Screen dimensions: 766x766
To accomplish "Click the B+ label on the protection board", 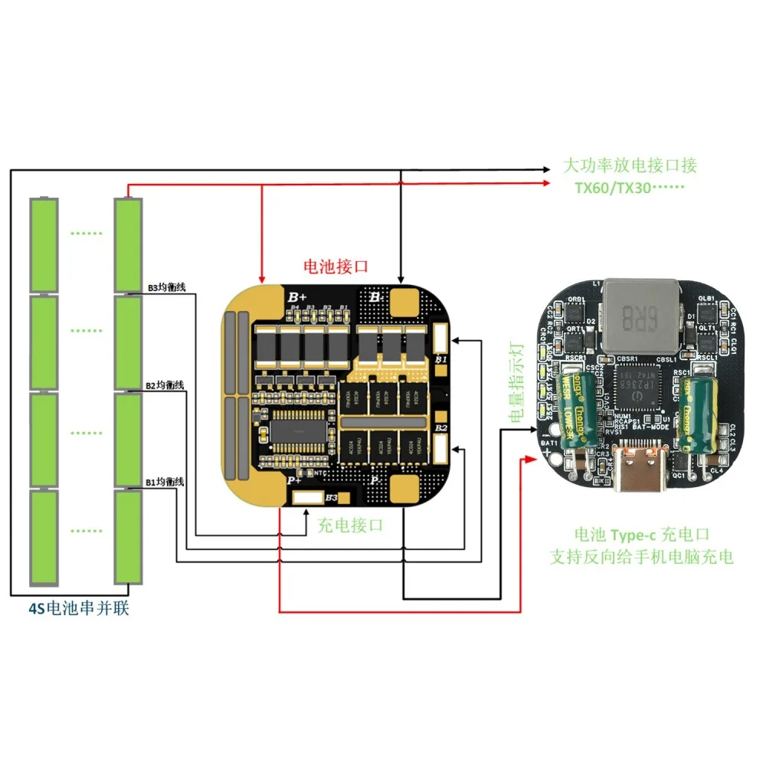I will (x=297, y=296).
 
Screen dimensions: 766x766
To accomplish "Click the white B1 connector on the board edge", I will (x=440, y=337).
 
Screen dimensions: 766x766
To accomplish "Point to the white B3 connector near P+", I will (x=308, y=498).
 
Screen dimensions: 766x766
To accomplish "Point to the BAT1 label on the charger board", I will (x=549, y=443).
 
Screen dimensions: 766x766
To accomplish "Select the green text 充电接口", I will (x=349, y=525).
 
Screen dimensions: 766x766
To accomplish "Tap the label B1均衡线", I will (x=165, y=482).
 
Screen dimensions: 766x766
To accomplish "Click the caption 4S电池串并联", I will (x=74, y=611).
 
